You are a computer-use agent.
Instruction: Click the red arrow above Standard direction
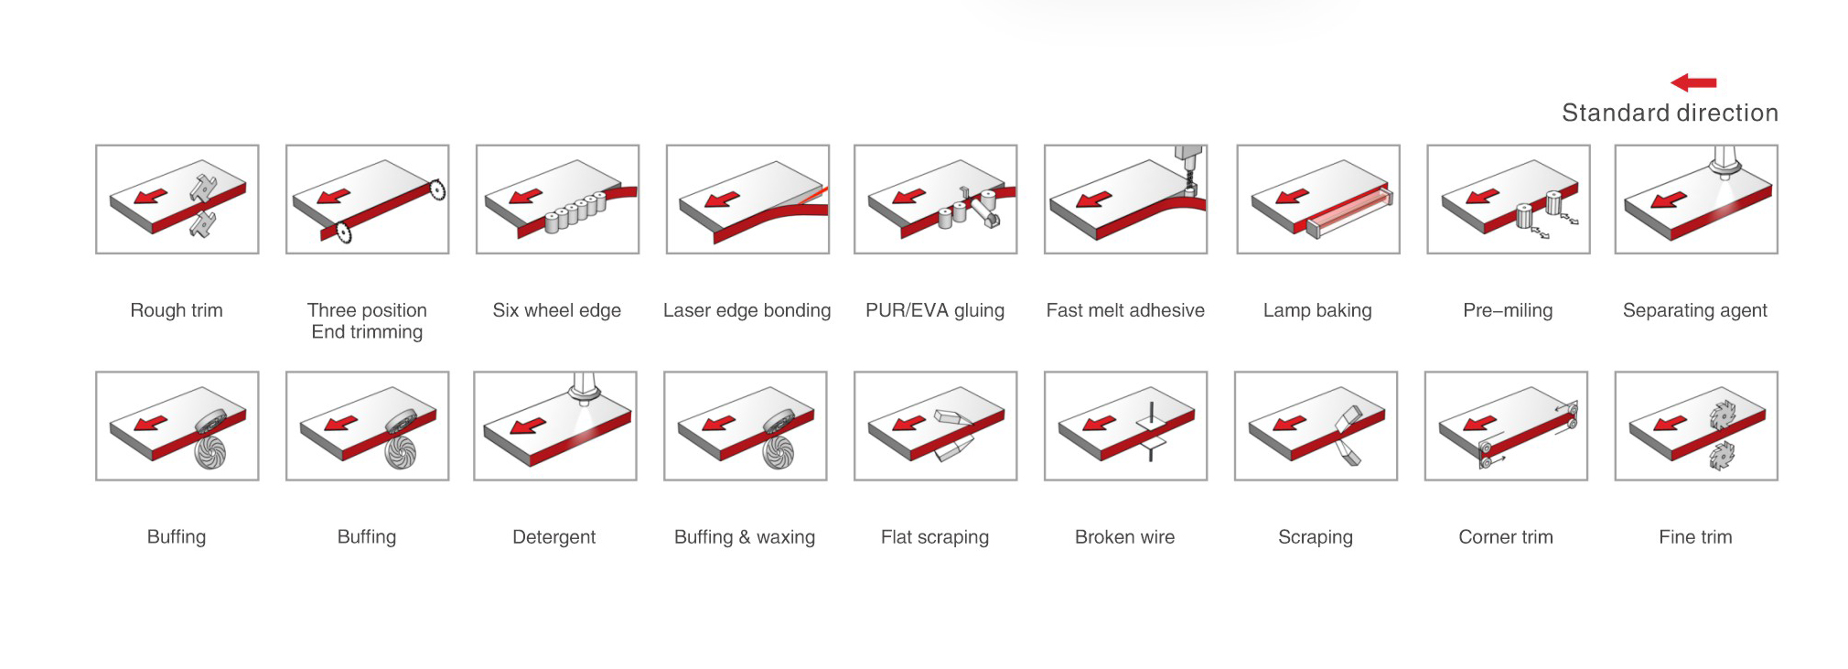pos(1693,82)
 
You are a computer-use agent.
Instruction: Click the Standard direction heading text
pos(1670,113)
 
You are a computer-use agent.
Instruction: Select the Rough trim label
pos(177,310)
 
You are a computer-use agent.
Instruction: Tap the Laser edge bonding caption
pos(747,310)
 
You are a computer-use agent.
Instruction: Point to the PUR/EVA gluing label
pos(935,310)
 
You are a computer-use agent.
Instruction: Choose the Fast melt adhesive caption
pos(1125,310)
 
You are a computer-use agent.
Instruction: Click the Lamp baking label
pos(1317,310)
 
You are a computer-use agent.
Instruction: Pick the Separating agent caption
pos(1694,310)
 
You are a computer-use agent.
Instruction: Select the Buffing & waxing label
pos(745,537)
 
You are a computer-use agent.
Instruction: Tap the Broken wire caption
pos(1124,537)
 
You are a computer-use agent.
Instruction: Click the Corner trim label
pos(1506,537)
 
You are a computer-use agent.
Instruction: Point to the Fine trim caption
pos(1695,537)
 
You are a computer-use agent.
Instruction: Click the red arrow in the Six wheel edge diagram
pos(526,197)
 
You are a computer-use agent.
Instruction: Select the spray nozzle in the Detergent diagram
pos(582,388)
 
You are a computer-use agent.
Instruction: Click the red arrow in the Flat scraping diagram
pos(908,424)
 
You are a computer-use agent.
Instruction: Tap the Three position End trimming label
pos(367,321)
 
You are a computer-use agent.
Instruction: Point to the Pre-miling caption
pos(1508,310)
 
